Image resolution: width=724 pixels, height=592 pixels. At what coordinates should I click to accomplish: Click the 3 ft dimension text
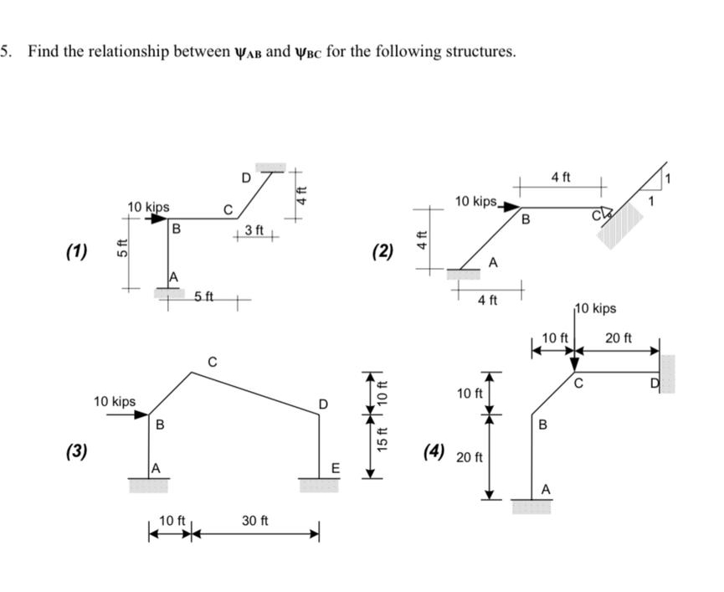(254, 229)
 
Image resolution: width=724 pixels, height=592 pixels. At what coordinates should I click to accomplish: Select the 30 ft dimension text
(254, 520)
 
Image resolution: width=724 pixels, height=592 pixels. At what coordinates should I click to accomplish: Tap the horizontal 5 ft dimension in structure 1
(204, 297)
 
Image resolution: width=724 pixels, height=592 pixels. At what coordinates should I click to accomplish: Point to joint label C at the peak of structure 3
(213, 363)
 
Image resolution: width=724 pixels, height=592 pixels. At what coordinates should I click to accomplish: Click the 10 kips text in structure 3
(115, 402)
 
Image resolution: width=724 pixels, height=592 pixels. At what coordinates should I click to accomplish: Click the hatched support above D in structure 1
(270, 166)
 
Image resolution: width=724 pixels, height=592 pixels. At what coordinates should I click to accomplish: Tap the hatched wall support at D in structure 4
(667, 373)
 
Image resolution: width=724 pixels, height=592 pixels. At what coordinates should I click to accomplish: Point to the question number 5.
(5, 51)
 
